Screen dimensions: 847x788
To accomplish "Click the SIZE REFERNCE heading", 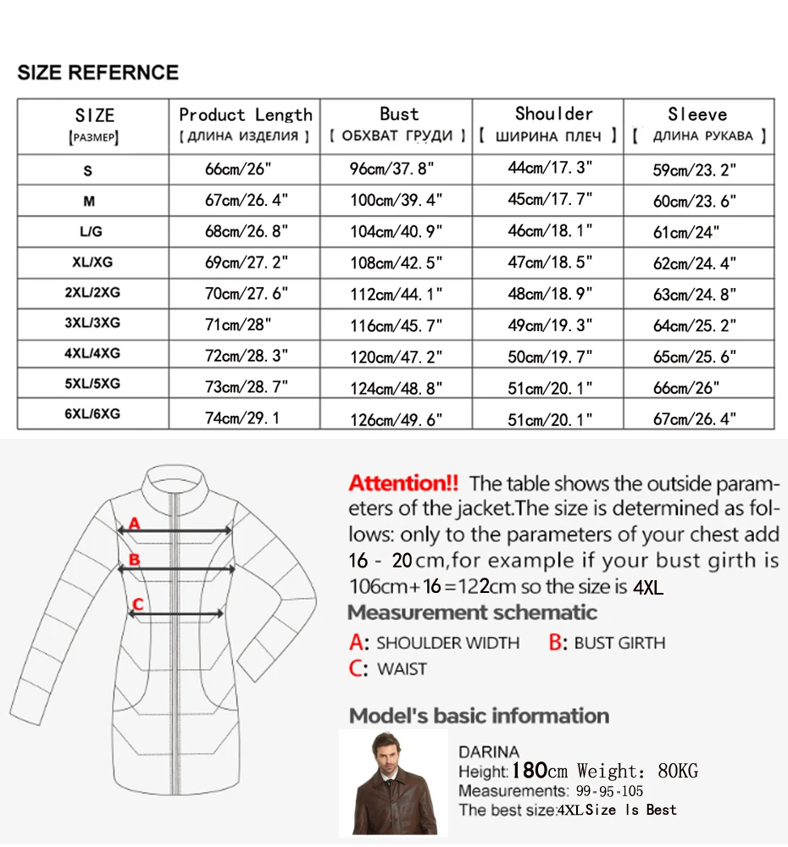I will coord(98,72).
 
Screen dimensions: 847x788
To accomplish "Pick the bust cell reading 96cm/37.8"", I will coord(391,170).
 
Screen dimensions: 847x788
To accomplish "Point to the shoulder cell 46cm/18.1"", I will coord(550,231).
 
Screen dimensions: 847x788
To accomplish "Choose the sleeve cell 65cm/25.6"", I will coord(693,357).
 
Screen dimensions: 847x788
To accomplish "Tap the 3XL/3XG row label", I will coord(92,324).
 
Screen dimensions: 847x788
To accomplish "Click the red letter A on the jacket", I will coord(134,525).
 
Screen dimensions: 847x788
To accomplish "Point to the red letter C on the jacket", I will coord(138,604).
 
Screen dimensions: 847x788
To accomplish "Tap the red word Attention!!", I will coord(403,484).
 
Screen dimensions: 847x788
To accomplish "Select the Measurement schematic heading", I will coord(473,612).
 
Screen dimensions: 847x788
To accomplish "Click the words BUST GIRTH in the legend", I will coord(619,644).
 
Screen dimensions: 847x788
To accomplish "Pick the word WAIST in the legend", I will coord(402,669).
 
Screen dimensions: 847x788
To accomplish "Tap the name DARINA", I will coord(489,751).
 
